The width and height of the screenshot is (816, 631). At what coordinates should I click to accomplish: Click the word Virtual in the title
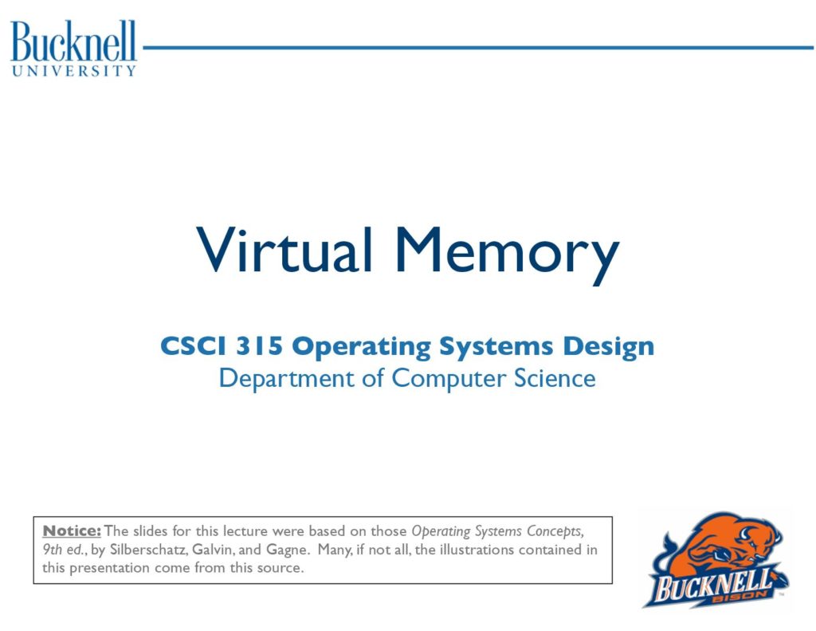(284, 250)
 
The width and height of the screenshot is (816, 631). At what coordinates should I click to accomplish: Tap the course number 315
(259, 346)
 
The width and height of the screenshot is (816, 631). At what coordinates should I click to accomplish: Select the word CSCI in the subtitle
(194, 346)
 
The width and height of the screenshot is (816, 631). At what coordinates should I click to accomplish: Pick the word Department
(286, 379)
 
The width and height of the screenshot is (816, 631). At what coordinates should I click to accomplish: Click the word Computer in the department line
(449, 379)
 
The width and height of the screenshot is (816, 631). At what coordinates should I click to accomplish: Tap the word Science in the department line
(555, 378)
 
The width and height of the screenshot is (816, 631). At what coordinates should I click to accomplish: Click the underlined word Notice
(72, 531)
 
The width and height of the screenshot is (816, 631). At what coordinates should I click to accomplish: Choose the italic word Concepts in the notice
(555, 532)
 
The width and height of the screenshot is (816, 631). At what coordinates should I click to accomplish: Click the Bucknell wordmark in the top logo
(73, 41)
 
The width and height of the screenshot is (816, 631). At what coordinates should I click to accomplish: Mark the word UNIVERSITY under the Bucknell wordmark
(74, 71)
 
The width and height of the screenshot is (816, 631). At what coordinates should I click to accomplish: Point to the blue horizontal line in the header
(478, 48)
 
